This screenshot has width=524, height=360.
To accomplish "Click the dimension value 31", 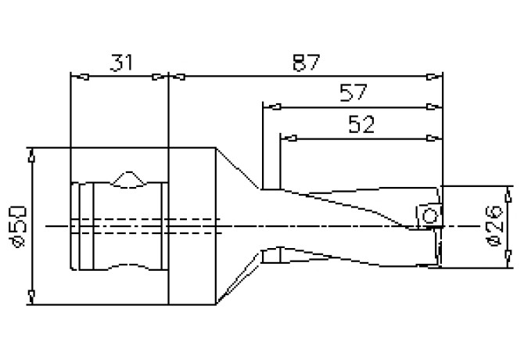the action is point(121,63).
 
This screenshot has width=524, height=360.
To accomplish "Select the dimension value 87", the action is point(306,63).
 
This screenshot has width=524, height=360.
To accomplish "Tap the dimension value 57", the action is point(354,92).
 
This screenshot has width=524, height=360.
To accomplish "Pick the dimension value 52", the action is point(361,124).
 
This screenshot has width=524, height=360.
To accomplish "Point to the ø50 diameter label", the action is point(19,227).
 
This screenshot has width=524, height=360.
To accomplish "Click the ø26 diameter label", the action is point(494,225).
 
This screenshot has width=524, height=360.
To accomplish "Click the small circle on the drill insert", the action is point(429,215).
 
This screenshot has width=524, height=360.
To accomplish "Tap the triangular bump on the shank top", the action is point(129,178).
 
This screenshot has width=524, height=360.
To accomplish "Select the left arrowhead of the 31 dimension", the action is point(80,77).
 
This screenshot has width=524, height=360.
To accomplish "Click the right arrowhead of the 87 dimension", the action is point(434,77).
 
